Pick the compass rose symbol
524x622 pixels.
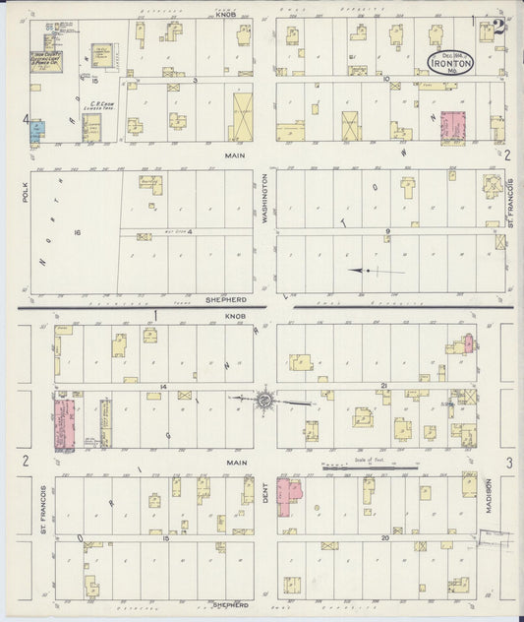coord(263,400)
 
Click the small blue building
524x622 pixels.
coord(35,131)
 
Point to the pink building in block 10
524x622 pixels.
coord(453,127)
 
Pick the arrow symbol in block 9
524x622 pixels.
coord(374,271)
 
